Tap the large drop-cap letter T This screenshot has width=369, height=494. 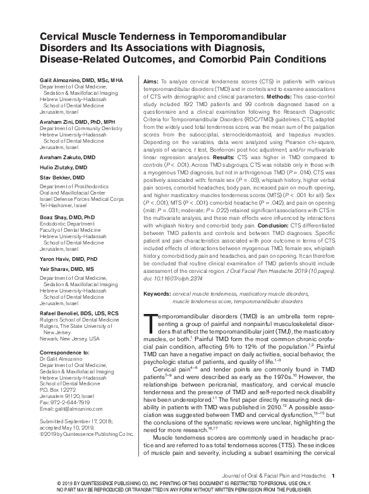tap(150, 324)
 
